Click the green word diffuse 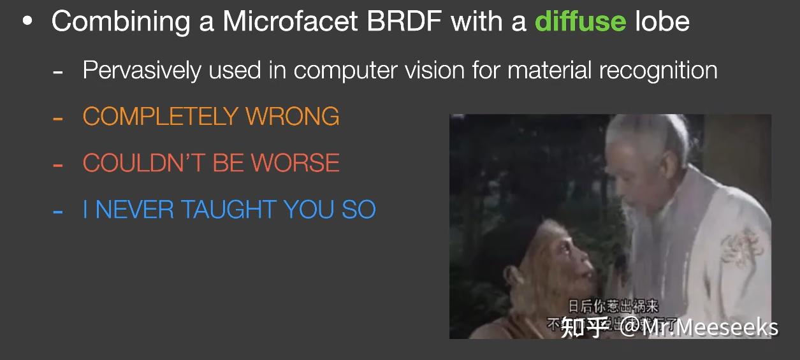580,21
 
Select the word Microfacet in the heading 293,21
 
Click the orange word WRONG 293,116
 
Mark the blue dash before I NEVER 58,210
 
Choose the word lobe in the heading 662,21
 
